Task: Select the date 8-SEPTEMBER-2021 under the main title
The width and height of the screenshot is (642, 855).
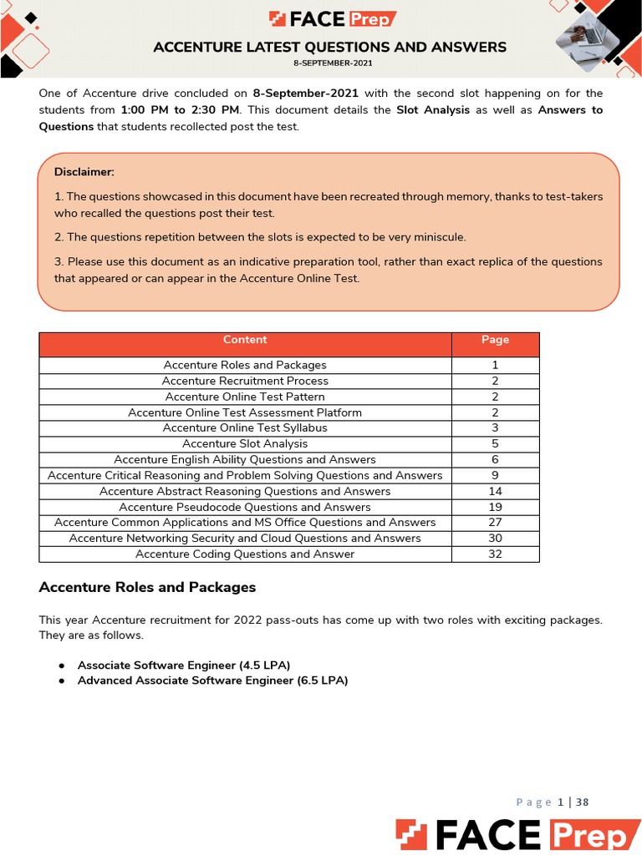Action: point(332,63)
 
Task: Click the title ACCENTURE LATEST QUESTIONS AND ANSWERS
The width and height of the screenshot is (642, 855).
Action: point(329,47)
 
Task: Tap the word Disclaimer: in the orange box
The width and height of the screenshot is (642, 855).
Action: point(84,172)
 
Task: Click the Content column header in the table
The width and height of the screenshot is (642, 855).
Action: point(245,340)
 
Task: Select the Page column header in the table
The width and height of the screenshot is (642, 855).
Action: point(495,340)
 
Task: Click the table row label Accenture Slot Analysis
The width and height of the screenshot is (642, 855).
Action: point(245,444)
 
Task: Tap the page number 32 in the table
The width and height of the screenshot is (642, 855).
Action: point(495,554)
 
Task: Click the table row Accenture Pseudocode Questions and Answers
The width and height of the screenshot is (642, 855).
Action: point(245,507)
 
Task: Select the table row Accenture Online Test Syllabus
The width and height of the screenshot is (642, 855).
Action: point(245,428)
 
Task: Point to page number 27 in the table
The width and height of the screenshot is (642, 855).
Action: point(495,523)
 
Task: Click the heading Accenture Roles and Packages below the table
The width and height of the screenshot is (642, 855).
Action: point(147,588)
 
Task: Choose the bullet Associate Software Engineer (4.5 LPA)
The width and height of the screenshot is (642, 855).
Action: point(184,665)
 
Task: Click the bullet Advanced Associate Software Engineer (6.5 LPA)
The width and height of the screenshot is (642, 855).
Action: point(212,680)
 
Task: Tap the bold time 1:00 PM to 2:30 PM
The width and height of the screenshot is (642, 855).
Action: point(180,110)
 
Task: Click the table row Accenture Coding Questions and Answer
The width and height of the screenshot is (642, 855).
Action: point(245,554)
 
